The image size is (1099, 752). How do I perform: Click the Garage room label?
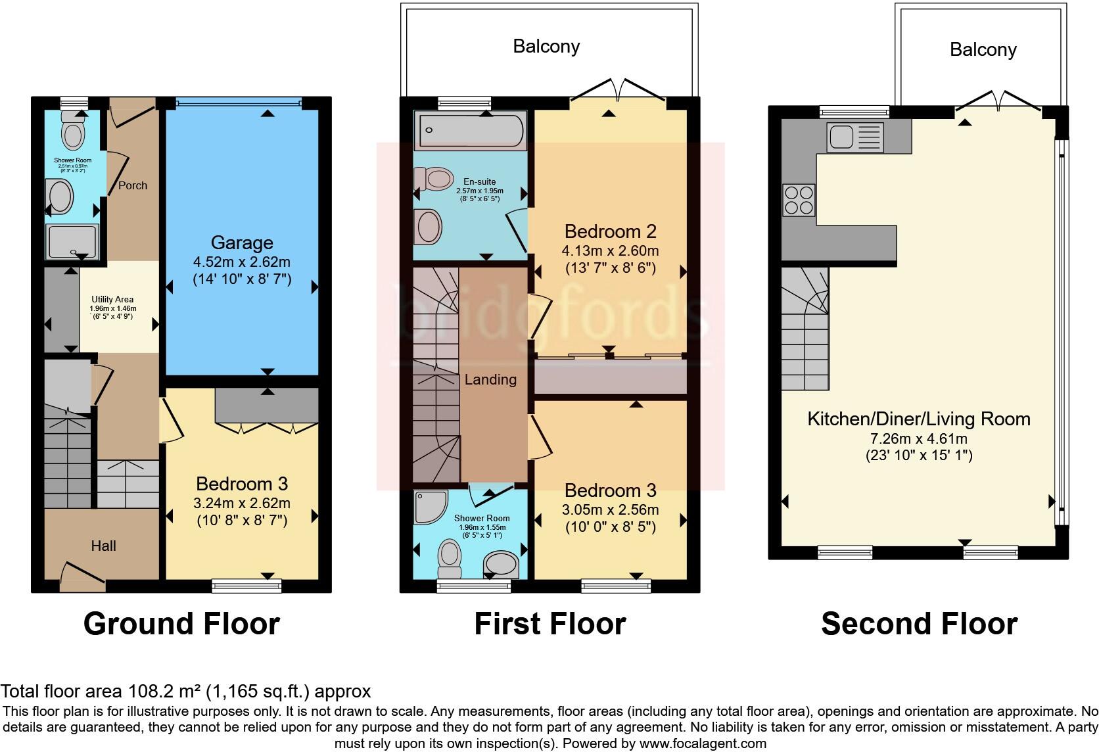[x=241, y=243]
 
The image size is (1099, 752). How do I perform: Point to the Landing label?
[x=490, y=379]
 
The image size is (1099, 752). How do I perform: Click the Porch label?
[x=133, y=185]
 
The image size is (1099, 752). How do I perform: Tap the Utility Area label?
[x=113, y=299]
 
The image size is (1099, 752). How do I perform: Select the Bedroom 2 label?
[x=610, y=231]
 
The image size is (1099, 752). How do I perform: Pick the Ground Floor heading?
[x=181, y=623]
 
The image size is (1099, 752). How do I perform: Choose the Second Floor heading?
[x=919, y=623]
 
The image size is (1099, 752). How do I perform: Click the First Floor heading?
[x=549, y=623]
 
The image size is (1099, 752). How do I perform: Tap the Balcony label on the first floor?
[x=546, y=46]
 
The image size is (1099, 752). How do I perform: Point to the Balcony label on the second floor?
[x=983, y=49]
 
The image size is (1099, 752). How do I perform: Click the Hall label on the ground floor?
[x=104, y=546]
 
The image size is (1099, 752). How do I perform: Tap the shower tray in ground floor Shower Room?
[x=72, y=241]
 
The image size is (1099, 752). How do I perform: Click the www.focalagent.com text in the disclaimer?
[x=703, y=744]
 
